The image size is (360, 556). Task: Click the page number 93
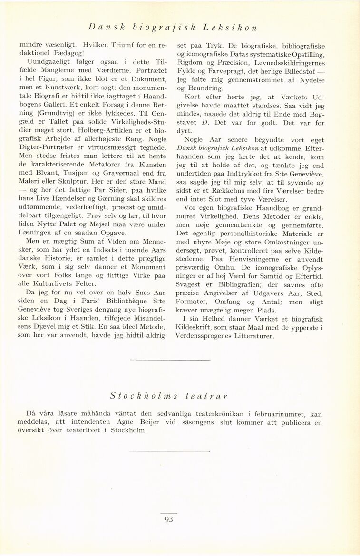[x=169, y=519]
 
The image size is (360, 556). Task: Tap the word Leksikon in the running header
[x=230, y=27]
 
